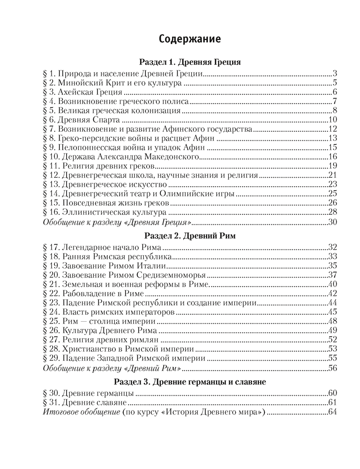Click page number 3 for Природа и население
(336, 74)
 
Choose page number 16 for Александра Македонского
(333, 157)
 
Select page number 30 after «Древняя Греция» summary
(333, 221)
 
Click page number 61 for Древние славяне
(333, 402)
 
